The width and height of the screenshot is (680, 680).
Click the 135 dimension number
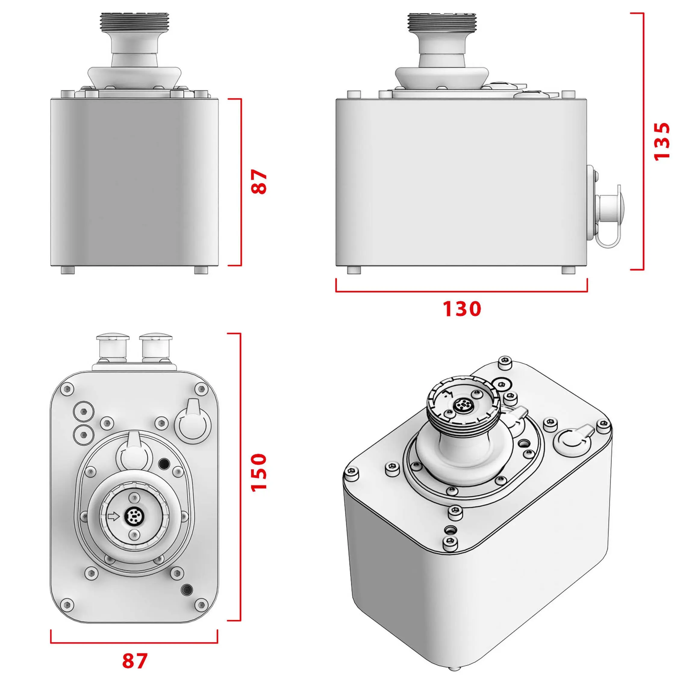tap(661, 142)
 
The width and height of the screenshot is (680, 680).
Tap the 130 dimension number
tap(461, 309)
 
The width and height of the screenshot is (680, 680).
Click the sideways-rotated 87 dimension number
tap(259, 182)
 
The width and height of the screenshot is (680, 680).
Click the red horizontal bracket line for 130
tap(461, 292)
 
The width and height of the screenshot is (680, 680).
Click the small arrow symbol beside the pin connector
tap(113, 516)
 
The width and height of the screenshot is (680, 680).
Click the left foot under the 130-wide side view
tap(354, 270)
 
